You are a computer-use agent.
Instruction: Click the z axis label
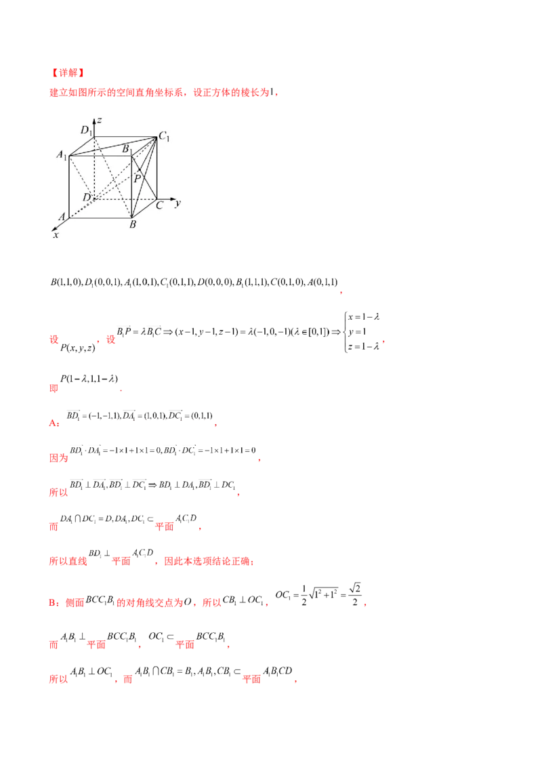tap(100, 120)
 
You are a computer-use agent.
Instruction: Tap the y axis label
tap(177, 203)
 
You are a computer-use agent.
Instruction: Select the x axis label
tap(56, 234)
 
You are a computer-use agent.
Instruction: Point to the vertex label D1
tap(86, 131)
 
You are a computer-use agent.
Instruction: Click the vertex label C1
tap(163, 138)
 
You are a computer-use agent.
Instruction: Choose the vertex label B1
tap(125, 148)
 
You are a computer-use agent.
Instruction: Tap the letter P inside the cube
tap(137, 179)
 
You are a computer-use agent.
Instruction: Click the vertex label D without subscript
tap(86, 196)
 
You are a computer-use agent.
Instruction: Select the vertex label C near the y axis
tap(159, 205)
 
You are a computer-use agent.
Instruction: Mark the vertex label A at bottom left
tap(62, 217)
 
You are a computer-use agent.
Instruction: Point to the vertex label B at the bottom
tap(133, 224)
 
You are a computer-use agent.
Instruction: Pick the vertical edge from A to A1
tap(70, 186)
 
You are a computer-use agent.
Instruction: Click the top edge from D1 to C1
tap(125, 136)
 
